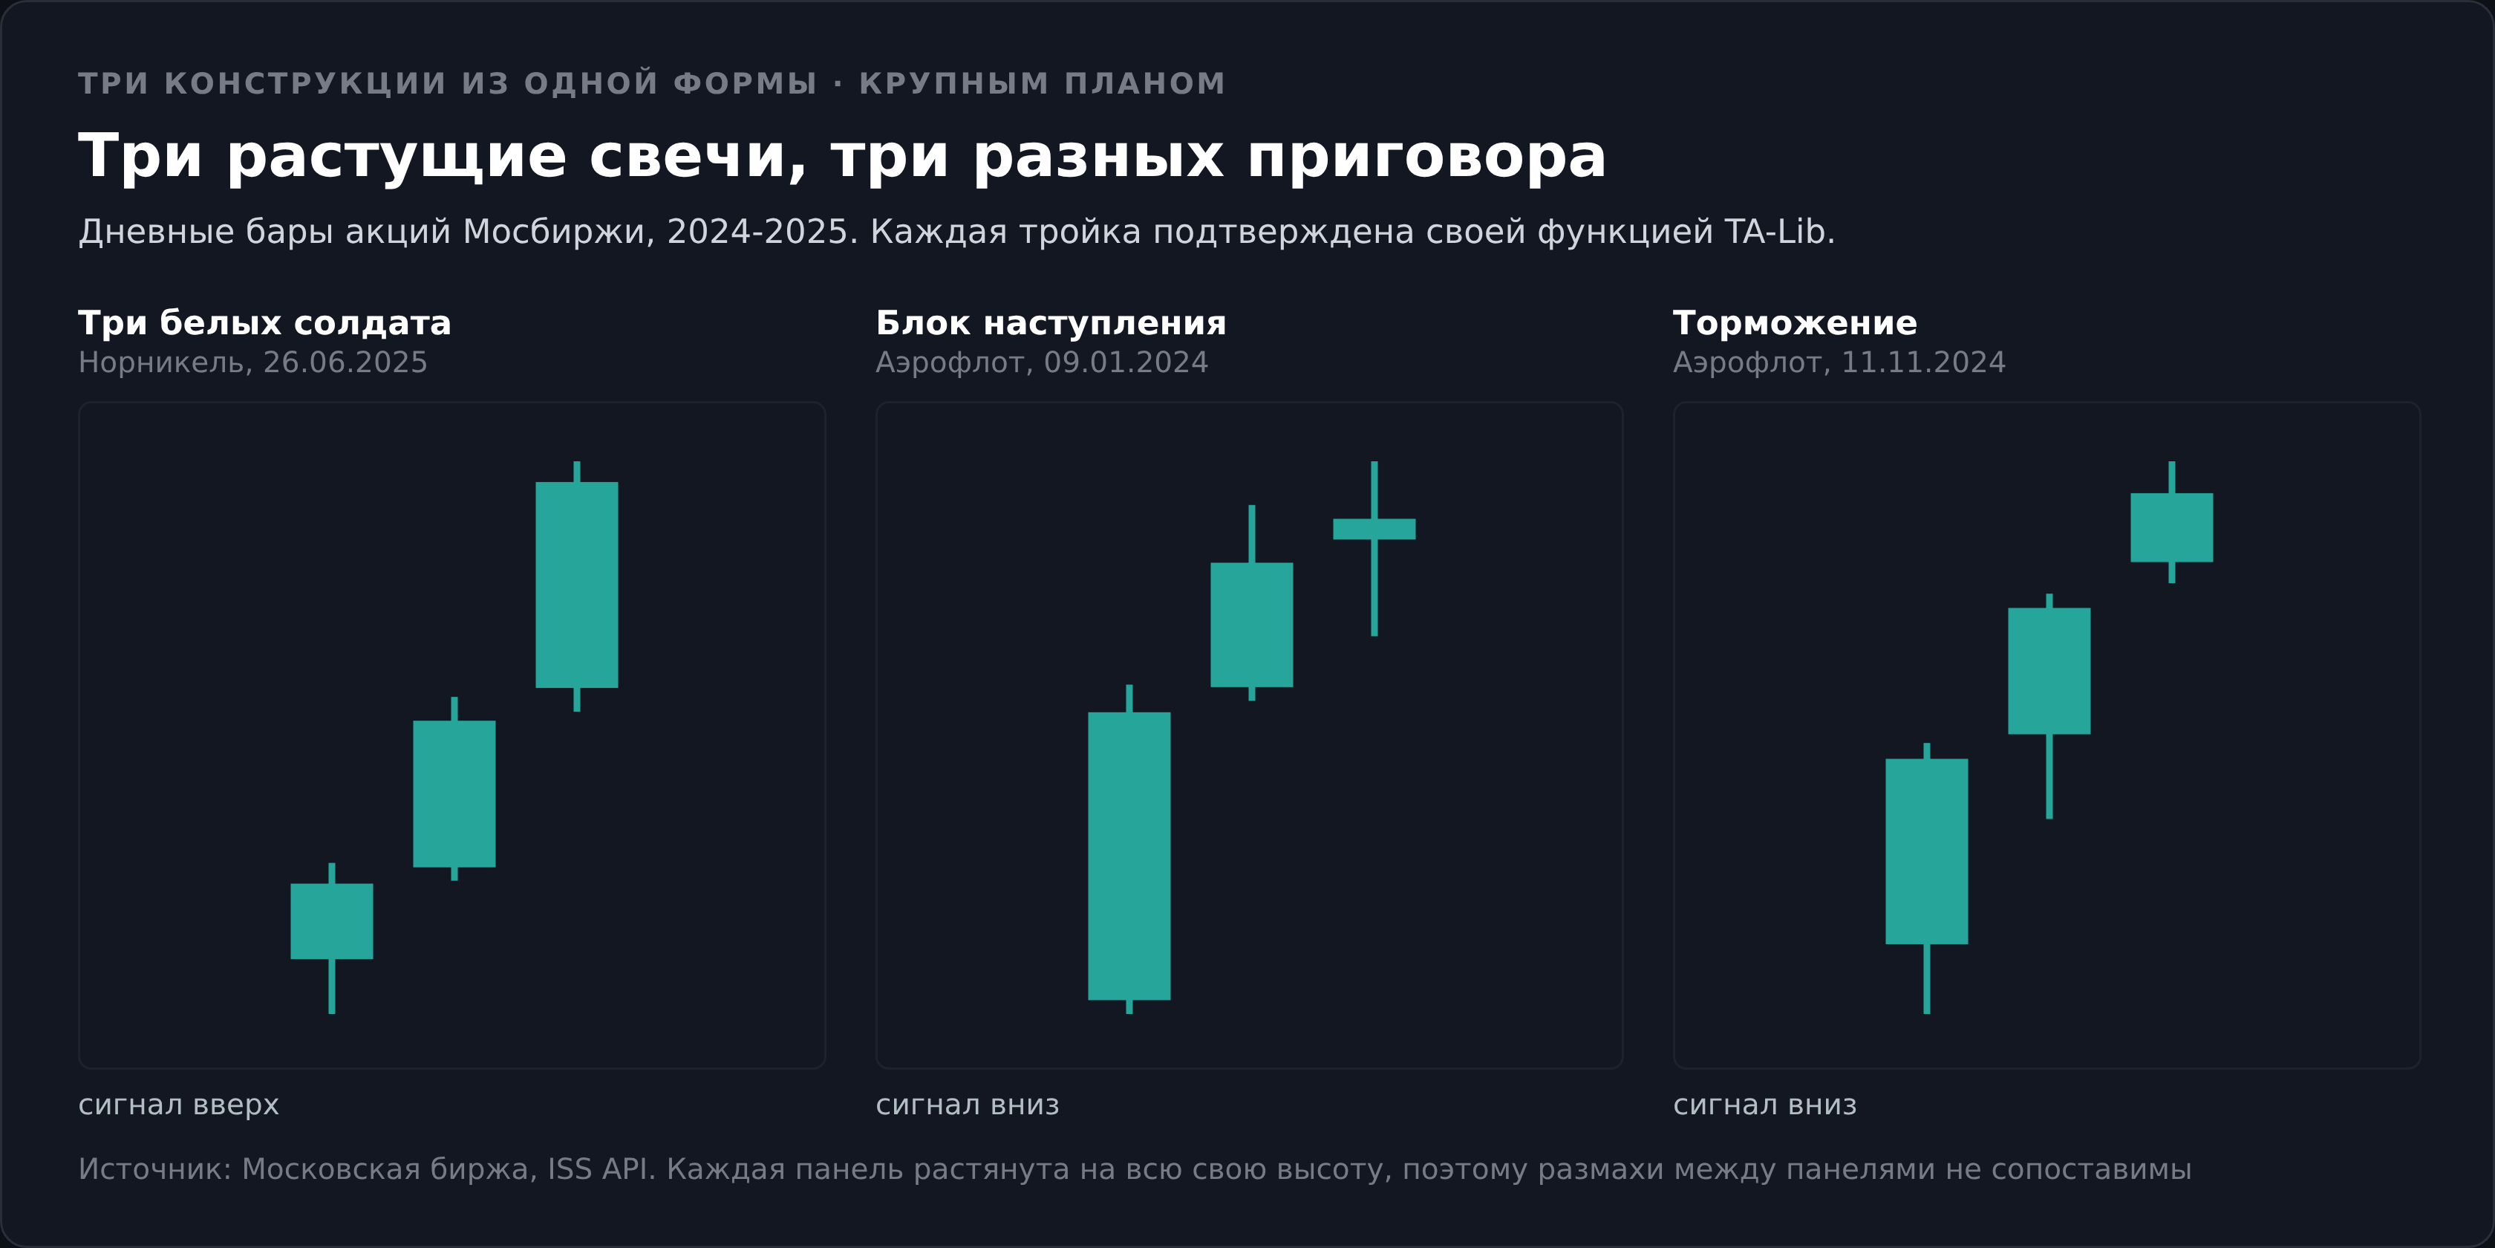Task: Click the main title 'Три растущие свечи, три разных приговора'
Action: tap(841, 156)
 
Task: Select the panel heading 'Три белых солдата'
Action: tap(264, 322)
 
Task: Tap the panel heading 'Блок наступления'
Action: tap(1051, 322)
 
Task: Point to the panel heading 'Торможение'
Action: tap(1795, 322)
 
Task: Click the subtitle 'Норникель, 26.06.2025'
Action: tap(252, 363)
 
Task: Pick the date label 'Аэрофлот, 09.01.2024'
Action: tap(1042, 363)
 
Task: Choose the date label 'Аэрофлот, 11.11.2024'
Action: tap(1839, 363)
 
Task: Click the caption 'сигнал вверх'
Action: tap(179, 1105)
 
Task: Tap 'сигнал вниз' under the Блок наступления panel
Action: tap(968, 1105)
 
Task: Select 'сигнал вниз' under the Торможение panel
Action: tap(1765, 1105)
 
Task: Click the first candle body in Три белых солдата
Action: tap(331, 921)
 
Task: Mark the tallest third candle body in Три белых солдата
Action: tap(576, 585)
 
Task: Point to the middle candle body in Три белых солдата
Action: tap(454, 793)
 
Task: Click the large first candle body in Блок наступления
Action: tap(1129, 857)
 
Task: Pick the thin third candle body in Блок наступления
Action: tap(1374, 529)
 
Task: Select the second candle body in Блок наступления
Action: tap(1251, 625)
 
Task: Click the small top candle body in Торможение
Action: tap(2171, 528)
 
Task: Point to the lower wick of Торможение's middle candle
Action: tap(2049, 777)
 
